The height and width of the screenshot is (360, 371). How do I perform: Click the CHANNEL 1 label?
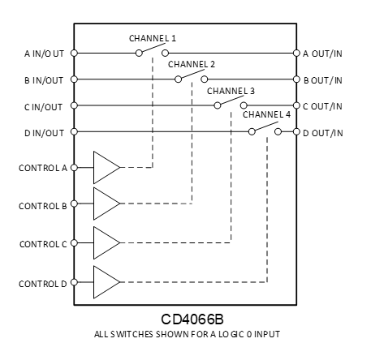(x=153, y=38)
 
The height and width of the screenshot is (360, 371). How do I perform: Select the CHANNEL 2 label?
(x=192, y=64)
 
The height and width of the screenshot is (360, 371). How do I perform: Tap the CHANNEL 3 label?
(x=231, y=91)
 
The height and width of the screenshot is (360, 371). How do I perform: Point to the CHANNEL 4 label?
(x=265, y=115)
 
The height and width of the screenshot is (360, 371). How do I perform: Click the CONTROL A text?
(x=42, y=168)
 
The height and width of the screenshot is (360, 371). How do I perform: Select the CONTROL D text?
(x=42, y=283)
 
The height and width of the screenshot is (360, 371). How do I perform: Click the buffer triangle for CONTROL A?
(x=106, y=167)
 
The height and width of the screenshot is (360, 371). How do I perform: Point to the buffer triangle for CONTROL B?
(x=106, y=204)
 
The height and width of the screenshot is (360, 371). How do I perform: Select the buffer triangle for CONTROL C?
(x=106, y=242)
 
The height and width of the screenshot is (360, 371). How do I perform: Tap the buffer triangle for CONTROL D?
(x=106, y=282)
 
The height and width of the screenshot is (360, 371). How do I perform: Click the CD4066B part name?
(x=186, y=319)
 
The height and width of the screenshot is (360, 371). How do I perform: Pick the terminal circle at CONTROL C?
(x=74, y=242)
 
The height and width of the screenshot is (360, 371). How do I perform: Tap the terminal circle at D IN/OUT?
(x=74, y=131)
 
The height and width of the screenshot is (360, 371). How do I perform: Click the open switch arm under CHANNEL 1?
(x=153, y=49)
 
